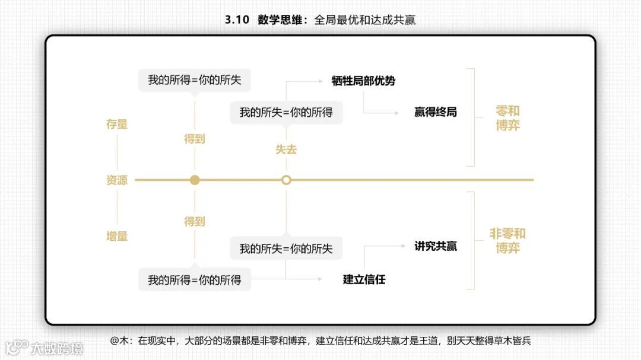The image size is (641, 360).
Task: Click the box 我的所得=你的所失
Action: pos(195,80)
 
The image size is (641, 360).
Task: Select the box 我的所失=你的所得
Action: pos(286,112)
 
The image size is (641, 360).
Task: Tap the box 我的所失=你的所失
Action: pos(286,249)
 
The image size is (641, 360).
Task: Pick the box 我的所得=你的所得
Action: pos(195,280)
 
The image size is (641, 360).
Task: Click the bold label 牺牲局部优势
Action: pos(363,81)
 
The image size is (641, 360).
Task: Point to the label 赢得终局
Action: pos(436,112)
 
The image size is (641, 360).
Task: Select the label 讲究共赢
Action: pos(436,246)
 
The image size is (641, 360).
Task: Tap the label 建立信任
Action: pos(364,279)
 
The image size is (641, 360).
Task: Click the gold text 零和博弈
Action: pos(507,118)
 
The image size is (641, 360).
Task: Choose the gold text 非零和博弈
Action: pos(507,240)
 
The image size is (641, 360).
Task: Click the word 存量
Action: pos(117,125)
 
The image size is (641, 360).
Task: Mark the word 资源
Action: pos(117,180)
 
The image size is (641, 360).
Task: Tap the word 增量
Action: pos(117,236)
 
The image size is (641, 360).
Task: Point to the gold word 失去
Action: pos(286,149)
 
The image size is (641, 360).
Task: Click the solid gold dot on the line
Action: pos(195,180)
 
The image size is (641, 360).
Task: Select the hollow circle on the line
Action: pos(286,180)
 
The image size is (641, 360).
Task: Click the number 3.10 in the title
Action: pos(237,20)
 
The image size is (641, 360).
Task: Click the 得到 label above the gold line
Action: pos(195,139)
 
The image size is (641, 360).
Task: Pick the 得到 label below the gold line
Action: pos(195,221)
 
